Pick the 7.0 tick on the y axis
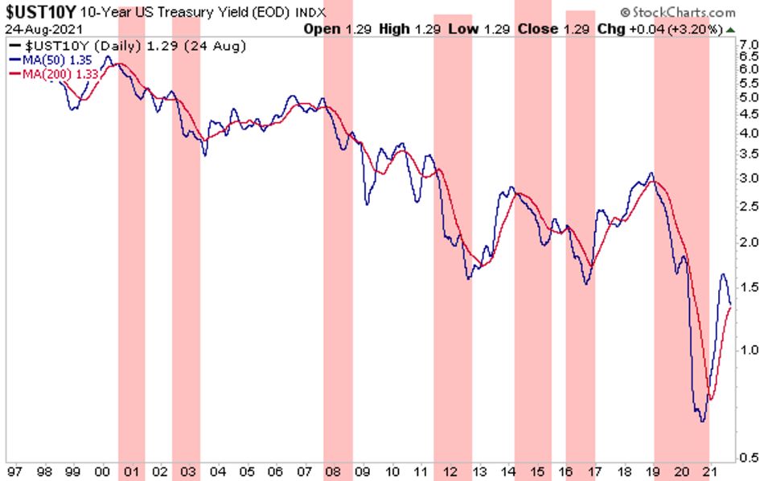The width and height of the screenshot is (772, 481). pos(749,43)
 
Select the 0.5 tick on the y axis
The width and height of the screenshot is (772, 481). pos(749,458)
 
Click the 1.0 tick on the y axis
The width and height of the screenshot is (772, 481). pos(749,350)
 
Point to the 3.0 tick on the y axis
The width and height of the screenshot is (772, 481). pos(749,178)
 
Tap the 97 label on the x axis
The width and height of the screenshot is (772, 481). pos(14,471)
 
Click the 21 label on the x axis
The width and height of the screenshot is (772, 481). pos(708,471)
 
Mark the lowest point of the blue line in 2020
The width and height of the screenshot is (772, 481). pos(702,421)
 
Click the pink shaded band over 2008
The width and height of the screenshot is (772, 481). pos(338,241)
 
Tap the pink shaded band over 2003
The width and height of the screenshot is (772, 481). pos(186,241)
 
